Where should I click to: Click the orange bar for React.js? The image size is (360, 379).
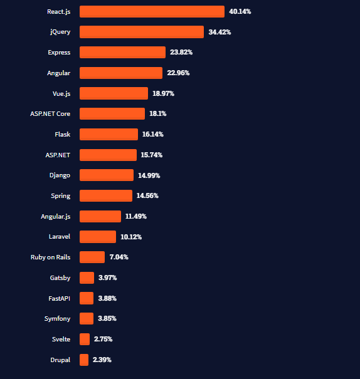(152, 11)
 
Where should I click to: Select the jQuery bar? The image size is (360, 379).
(142, 32)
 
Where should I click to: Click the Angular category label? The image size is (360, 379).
(58, 73)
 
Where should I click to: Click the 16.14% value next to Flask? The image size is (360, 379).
(154, 134)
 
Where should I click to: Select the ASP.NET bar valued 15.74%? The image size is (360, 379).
(108, 155)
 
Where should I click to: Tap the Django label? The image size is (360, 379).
(60, 175)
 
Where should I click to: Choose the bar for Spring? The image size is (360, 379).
(106, 195)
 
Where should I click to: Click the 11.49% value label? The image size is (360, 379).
(136, 216)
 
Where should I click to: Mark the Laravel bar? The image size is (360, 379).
(98, 236)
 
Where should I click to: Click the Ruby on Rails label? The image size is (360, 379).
(50, 257)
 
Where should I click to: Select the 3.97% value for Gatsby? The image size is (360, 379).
(108, 278)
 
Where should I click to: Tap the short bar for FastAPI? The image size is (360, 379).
(87, 298)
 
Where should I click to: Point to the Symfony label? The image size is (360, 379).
(57, 318)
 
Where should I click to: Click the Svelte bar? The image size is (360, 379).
(85, 339)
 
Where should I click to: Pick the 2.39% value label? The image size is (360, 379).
(102, 360)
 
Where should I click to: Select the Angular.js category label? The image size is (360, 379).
(55, 216)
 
